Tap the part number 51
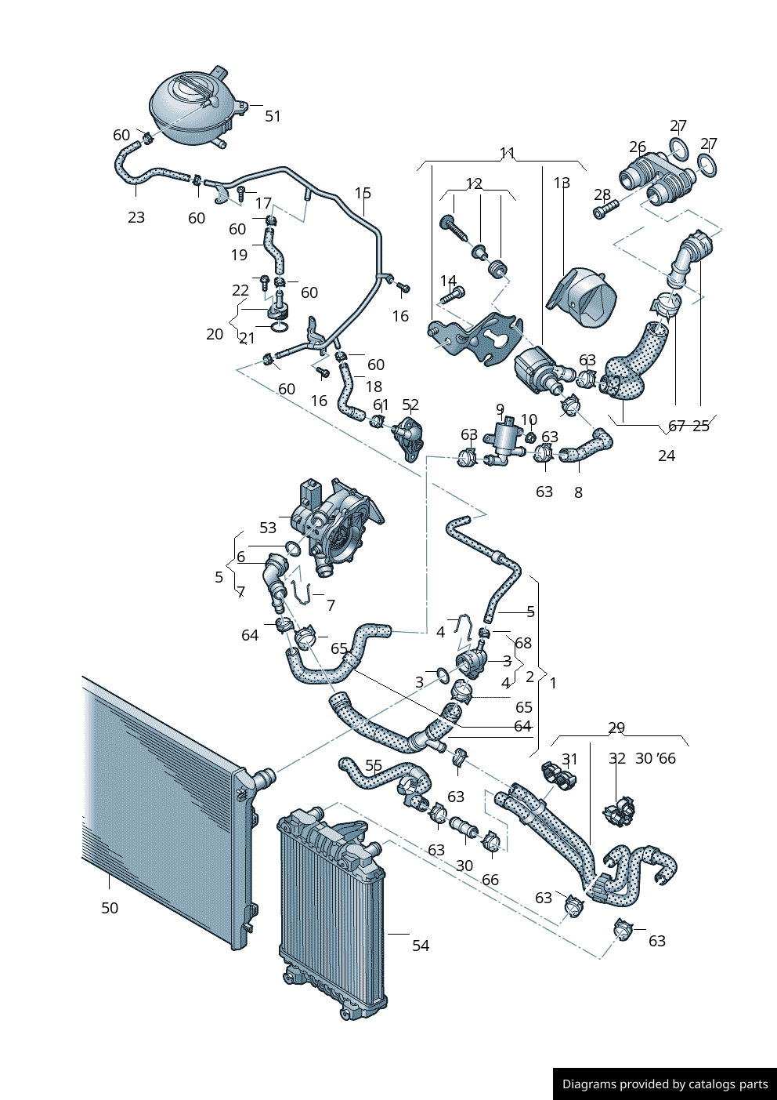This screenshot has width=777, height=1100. tap(273, 116)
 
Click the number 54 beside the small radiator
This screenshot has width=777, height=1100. tap(421, 946)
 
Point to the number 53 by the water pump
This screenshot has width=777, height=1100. tap(268, 528)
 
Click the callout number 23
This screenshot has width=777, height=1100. tap(136, 217)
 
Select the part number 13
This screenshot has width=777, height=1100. tap(562, 183)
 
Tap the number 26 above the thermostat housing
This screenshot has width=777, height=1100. tap(638, 147)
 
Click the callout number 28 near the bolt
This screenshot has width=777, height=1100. tap(602, 194)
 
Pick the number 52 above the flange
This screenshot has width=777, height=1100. tap(410, 405)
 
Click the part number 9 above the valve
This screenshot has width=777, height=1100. tap(500, 409)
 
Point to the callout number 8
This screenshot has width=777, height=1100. tap(578, 492)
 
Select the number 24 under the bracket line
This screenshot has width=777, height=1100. tap(667, 456)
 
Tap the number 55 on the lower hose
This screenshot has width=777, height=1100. tap(374, 765)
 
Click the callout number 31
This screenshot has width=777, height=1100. tap(570, 759)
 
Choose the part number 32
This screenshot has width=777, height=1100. tap(617, 758)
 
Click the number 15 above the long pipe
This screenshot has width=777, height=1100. tap(363, 193)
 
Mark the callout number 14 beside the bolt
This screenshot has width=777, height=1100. tap(448, 281)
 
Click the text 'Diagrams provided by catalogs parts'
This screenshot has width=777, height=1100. tap(665, 1084)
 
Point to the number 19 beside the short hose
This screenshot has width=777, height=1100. tap(240, 255)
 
